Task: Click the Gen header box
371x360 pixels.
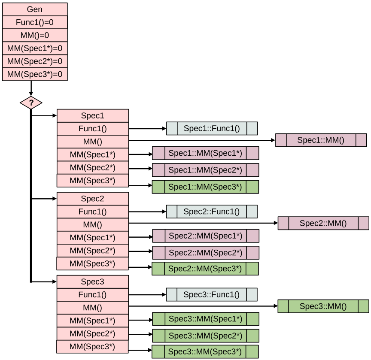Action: coord(35,9)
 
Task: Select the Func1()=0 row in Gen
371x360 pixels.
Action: coord(35,22)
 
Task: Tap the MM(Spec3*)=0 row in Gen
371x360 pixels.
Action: coord(35,74)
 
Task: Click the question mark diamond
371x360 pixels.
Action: coord(31,103)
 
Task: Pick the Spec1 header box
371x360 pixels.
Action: coord(93,116)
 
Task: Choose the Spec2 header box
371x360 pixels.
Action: coord(93,199)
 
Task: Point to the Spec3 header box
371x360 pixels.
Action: coord(93,282)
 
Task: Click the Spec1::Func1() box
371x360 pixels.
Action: coord(212,128)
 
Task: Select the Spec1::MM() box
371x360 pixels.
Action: coord(321,140)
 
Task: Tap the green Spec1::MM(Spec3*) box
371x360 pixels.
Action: coord(205,187)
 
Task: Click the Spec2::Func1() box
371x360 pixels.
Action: coord(212,212)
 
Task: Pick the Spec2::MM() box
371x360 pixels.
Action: coord(323,223)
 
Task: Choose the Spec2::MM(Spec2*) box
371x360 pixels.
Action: coord(205,253)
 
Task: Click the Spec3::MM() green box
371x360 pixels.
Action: coord(323,306)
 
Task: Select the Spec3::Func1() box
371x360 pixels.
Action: coord(212,295)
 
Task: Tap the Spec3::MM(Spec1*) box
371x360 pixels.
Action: coord(205,319)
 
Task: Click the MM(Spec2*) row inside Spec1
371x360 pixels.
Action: coord(93,167)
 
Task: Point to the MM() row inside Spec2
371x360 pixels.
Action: coord(93,224)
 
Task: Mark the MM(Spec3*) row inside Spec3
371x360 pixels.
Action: coord(92,346)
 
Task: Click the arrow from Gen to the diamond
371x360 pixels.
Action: coord(31,88)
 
